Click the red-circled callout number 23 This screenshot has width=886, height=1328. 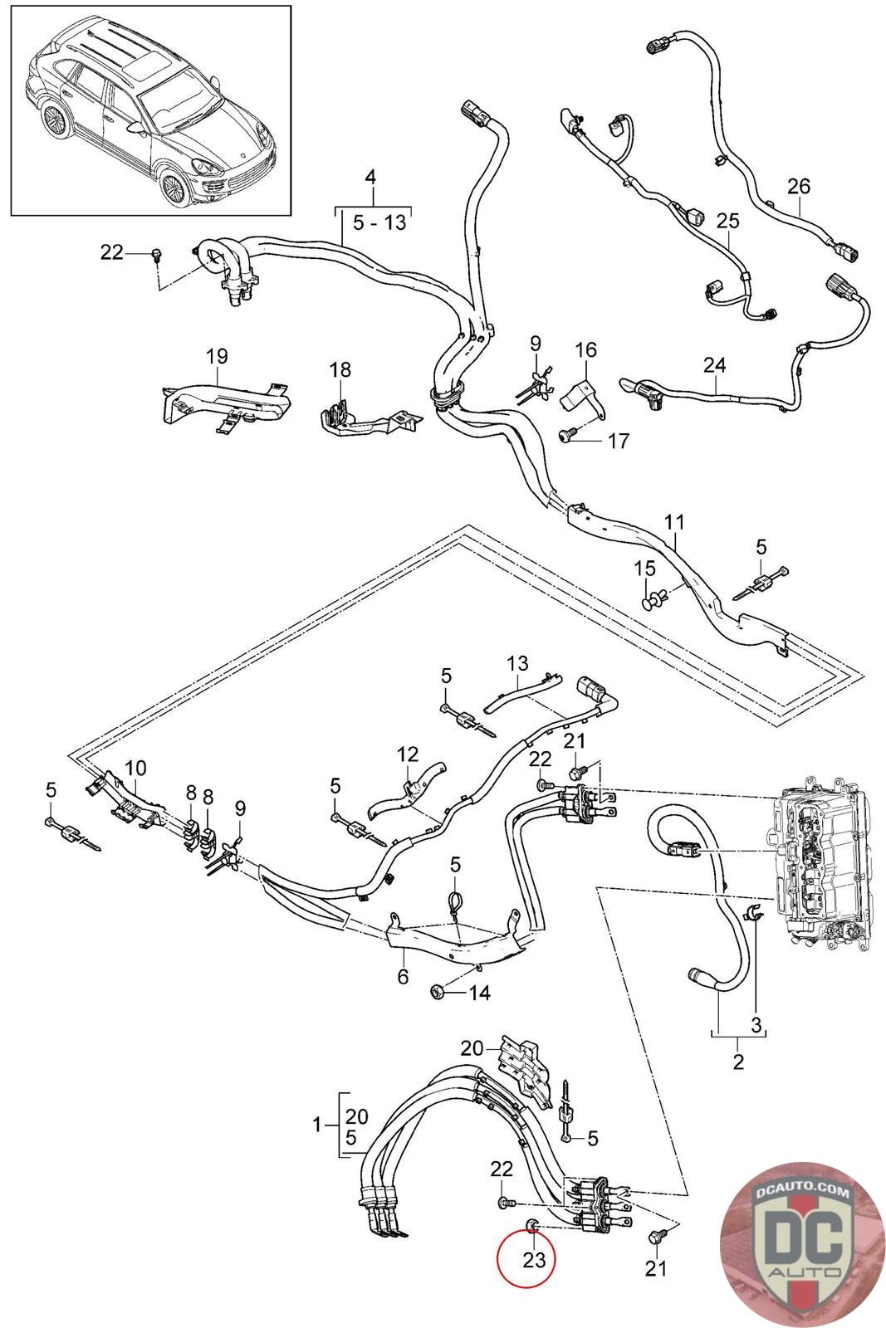coord(533,1260)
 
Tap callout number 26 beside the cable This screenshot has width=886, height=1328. coord(798,187)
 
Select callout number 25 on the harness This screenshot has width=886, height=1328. coord(727,222)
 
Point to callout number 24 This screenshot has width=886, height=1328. coord(714,364)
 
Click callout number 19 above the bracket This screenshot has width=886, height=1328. coord(217,357)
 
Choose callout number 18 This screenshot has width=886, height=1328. coord(340,369)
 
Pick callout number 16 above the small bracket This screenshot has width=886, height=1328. coord(585,349)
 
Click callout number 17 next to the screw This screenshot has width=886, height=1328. coord(619,439)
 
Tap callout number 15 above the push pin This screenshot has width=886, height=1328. coord(644,569)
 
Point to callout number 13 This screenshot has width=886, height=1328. coord(517,663)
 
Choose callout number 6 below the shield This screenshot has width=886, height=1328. coord(403,977)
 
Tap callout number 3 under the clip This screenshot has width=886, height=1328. coord(755,1025)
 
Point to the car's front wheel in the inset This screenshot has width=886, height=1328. coord(175,188)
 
